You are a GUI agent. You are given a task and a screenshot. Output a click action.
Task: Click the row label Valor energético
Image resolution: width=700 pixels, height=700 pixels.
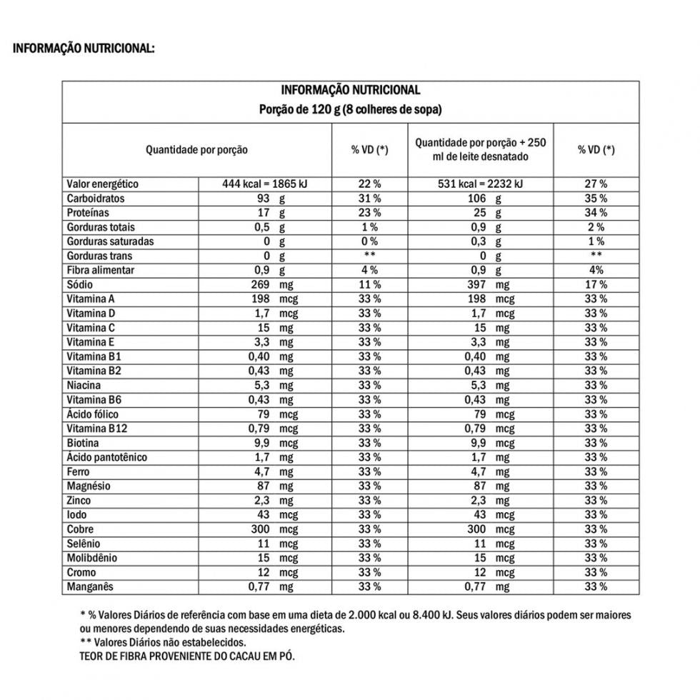102,184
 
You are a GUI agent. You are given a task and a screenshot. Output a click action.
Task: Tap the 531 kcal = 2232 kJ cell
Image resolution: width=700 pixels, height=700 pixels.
480,184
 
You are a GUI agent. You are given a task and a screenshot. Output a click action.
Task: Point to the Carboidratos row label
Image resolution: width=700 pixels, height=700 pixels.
95,199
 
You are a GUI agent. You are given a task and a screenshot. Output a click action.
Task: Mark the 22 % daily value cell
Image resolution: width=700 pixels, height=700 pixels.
369,184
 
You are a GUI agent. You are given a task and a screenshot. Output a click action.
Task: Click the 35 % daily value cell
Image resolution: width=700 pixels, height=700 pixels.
596,199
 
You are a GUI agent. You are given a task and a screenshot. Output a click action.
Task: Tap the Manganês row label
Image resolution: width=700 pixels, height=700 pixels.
90,586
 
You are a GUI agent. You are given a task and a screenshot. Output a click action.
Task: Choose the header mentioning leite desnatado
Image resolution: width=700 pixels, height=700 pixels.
480,149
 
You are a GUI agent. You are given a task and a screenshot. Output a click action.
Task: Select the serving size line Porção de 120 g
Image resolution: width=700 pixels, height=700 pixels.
350,110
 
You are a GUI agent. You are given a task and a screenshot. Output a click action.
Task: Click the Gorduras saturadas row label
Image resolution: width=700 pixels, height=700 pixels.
110,241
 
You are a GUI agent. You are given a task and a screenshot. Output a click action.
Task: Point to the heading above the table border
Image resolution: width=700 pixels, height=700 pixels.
83,49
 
